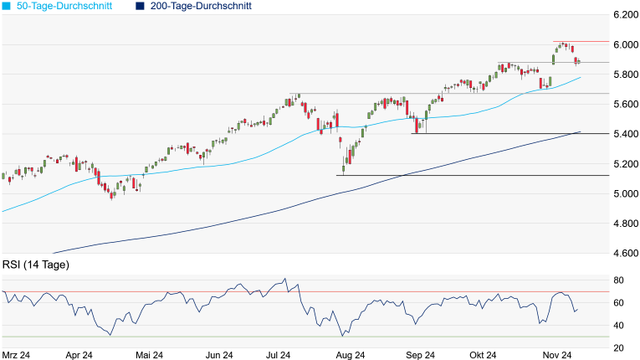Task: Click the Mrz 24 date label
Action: coord(17,355)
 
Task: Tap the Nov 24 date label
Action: coord(556,355)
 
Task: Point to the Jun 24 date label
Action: coord(218,355)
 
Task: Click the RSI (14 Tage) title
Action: coord(35,265)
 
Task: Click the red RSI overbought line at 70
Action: coord(167,291)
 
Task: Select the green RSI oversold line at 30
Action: coord(167,337)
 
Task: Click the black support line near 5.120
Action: coord(468,176)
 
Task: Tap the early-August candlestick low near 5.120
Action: coord(344,172)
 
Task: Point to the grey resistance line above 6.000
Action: coord(577,41)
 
